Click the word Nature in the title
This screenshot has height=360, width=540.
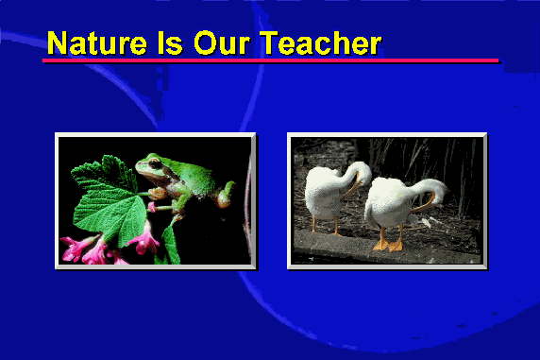coord(97,43)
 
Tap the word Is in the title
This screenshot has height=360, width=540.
coord(170,43)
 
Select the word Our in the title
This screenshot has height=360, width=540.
coord(222,43)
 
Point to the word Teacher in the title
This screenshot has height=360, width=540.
coord(321,43)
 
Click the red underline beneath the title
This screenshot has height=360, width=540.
coord(270,60)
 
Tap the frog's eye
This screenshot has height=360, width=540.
coord(155,163)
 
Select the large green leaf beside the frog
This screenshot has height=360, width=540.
coord(109,200)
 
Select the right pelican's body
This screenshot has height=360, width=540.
coord(389,203)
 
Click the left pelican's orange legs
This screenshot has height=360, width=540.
coord(326,226)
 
